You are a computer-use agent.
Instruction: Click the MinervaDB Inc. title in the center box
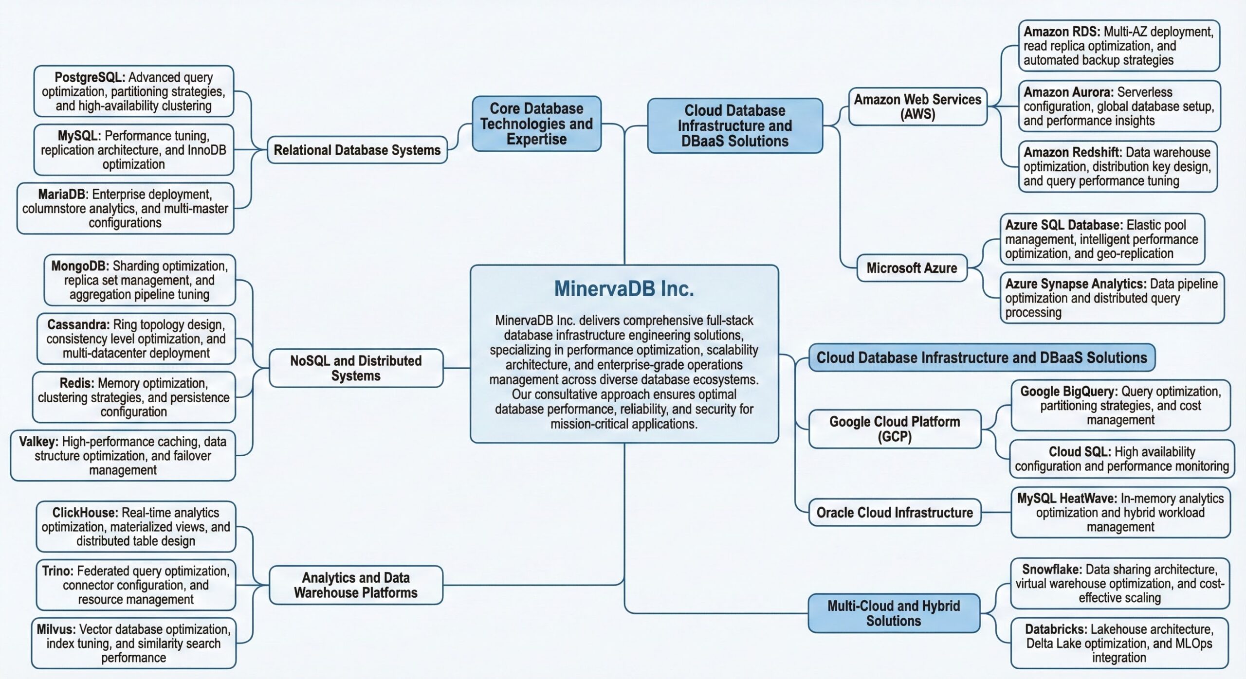[x=623, y=289]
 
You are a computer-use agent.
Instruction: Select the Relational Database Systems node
[x=357, y=150]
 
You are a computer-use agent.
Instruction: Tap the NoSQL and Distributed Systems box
[x=356, y=368]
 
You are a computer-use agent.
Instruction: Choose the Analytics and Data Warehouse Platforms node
[x=356, y=585]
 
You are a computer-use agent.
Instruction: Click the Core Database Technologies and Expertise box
[x=536, y=124]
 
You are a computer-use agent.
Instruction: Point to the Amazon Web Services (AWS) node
[x=917, y=107]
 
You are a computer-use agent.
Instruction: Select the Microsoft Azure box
[x=912, y=268]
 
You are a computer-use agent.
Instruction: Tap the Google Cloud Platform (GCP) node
[x=895, y=429]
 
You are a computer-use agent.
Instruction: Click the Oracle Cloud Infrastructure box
[x=895, y=512]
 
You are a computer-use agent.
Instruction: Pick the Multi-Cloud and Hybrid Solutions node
[x=894, y=613]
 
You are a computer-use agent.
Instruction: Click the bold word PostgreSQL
[x=90, y=77]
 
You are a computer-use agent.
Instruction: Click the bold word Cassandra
[x=78, y=324]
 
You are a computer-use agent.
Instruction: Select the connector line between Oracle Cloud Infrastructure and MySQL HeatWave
[x=996, y=512]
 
